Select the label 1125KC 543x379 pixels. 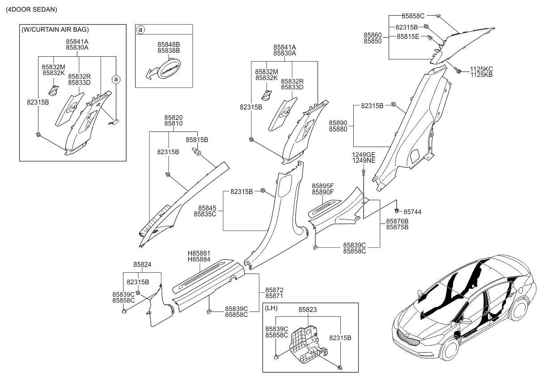tap(481, 69)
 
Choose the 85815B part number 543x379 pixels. tap(197, 140)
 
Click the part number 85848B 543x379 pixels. tap(168, 45)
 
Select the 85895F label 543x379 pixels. tap(323, 186)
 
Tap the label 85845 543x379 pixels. tap(205, 208)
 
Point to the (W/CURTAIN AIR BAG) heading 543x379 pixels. tap(55, 30)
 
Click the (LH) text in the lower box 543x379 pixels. tap(271, 308)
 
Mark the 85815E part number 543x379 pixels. tap(408, 37)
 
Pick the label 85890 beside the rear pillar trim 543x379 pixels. tap(339, 122)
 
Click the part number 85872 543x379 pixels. tap(274, 290)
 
